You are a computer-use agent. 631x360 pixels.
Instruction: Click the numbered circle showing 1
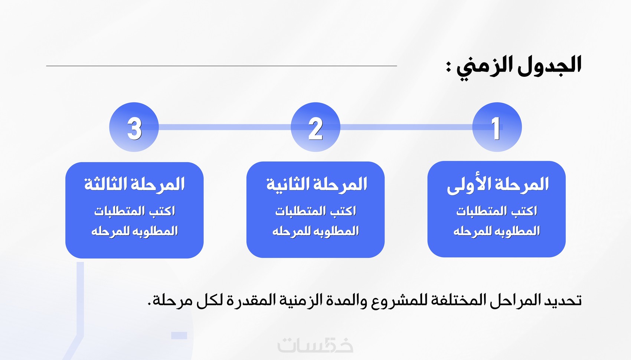pyautogui.click(x=497, y=127)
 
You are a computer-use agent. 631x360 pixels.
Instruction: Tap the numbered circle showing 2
pyautogui.click(x=315, y=127)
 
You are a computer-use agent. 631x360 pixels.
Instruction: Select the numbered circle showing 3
pyautogui.click(x=134, y=127)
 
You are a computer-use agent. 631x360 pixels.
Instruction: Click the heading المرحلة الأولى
pyautogui.click(x=498, y=185)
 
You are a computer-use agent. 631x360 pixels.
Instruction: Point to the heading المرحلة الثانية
pyautogui.click(x=317, y=184)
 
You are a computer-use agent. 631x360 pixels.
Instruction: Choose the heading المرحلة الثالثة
pyautogui.click(x=134, y=184)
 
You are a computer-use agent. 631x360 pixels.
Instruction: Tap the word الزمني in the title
pyautogui.click(x=483, y=67)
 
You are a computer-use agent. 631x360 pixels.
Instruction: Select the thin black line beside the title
pyautogui.click(x=222, y=66)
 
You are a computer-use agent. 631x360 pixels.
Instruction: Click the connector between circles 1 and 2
pyautogui.click(x=406, y=127)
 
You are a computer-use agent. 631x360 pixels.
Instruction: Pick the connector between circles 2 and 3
pyautogui.click(x=225, y=127)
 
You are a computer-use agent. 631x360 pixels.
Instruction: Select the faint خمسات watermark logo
pyautogui.click(x=315, y=345)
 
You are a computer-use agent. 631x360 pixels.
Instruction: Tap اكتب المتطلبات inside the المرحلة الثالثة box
pyautogui.click(x=135, y=211)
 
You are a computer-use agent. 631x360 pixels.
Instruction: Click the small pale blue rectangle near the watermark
pyautogui.click(x=179, y=335)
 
